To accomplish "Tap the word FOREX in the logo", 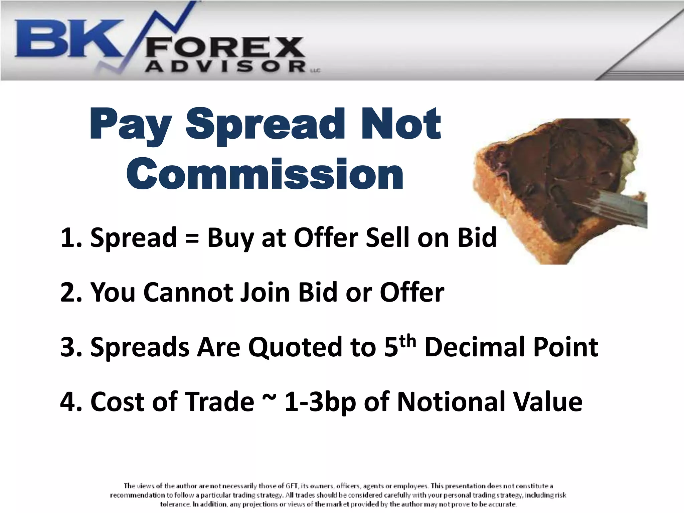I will [x=224, y=48].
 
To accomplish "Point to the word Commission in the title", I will [x=265, y=174].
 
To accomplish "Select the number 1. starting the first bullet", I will [x=71, y=238].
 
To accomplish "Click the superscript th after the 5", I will [x=408, y=341].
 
